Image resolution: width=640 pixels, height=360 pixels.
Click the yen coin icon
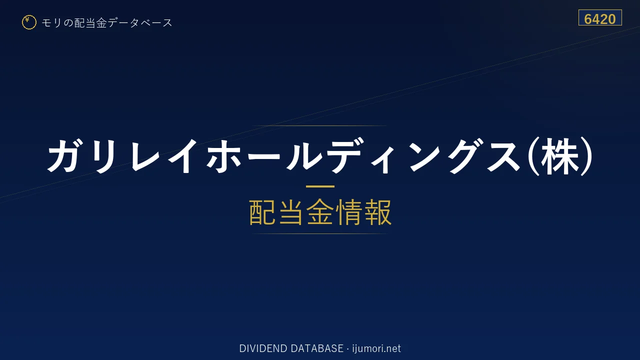[29, 22]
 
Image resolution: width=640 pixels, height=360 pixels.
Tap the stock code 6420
[600, 19]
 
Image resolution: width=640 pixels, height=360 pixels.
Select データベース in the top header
[140, 23]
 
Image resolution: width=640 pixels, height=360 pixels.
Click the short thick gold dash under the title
[320, 186]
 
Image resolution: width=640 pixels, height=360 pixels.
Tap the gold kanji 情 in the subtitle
[349, 212]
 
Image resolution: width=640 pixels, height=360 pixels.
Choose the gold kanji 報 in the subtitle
[377, 212]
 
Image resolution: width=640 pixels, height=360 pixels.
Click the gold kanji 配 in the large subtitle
[262, 212]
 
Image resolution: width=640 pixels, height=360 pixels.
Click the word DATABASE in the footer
[317, 348]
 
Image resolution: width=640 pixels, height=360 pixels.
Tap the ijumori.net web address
[376, 348]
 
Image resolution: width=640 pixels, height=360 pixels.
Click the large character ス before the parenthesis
[504, 155]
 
